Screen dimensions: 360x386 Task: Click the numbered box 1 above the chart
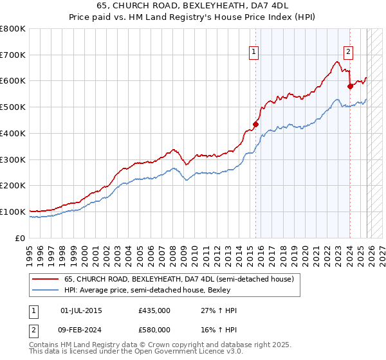[x=254, y=53]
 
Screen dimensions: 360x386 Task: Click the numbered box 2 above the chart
[x=348, y=53]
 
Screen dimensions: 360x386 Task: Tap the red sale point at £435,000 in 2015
[x=255, y=124]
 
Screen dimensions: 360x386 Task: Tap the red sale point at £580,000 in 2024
[x=350, y=86]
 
